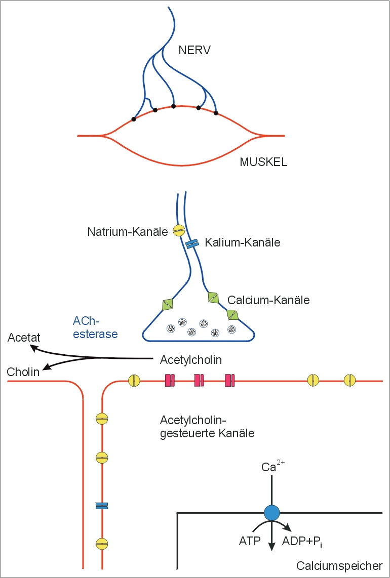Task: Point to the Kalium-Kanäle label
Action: click(242, 243)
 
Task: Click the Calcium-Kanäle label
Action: click(268, 300)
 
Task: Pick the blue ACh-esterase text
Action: click(96, 327)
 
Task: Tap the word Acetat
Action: click(24, 338)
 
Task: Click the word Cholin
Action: click(23, 372)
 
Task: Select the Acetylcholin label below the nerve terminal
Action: click(191, 360)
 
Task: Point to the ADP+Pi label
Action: click(302, 542)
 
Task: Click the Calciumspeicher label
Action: click(339, 566)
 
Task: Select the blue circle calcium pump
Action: click(272, 513)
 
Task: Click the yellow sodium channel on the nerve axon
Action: click(179, 231)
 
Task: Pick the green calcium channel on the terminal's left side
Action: click(168, 305)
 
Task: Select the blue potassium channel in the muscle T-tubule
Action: click(102, 506)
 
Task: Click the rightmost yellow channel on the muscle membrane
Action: click(349, 380)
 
